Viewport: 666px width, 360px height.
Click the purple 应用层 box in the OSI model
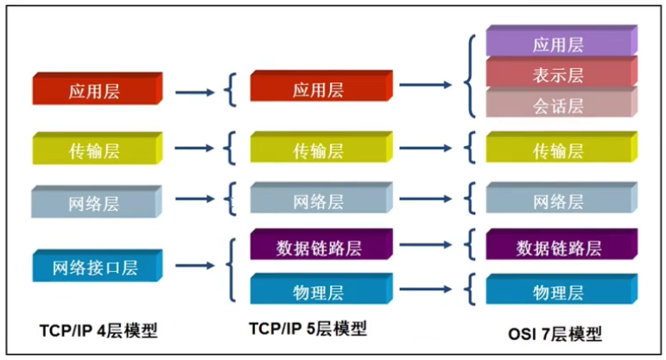(561, 41)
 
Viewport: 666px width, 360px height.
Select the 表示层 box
(561, 73)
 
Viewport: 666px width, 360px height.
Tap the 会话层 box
(561, 103)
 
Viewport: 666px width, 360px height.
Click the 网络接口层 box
(98, 265)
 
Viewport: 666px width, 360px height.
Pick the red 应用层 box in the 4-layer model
(98, 88)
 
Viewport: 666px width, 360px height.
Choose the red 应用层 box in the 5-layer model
(321, 86)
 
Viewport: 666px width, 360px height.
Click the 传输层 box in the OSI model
(561, 147)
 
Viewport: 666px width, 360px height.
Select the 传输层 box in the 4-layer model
(98, 148)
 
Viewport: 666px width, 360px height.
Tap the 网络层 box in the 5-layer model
(321, 198)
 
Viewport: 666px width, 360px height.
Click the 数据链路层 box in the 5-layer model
(321, 244)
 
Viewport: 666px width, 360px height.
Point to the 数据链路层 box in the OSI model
(561, 244)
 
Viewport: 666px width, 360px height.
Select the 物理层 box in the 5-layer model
(321, 288)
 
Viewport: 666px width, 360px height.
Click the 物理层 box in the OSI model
(561, 288)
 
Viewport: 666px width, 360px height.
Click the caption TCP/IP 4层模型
(98, 331)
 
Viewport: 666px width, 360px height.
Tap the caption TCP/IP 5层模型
(308, 329)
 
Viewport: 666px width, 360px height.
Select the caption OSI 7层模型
(555, 334)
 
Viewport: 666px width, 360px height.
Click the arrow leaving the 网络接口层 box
(195, 266)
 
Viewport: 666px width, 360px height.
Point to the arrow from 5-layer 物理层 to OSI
(426, 289)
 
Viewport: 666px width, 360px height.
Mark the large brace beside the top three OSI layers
(471, 76)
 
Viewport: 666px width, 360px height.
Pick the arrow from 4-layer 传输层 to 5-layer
(194, 148)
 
